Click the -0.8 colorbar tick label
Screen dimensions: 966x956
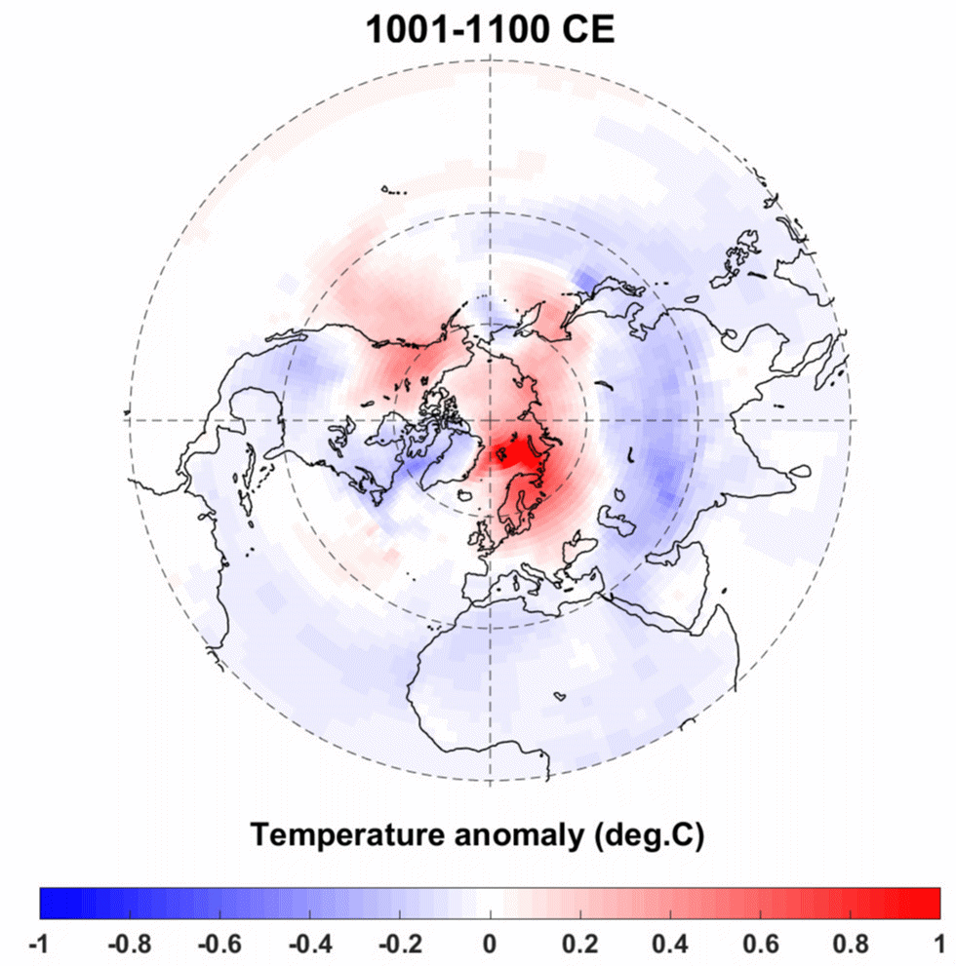129,945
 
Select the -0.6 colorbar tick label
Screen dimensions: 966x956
219,945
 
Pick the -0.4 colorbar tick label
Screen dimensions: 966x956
308,945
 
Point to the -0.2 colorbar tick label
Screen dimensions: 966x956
398,945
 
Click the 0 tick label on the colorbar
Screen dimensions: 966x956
489,945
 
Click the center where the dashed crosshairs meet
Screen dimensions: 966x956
489,419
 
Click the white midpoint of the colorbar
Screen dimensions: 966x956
489,904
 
